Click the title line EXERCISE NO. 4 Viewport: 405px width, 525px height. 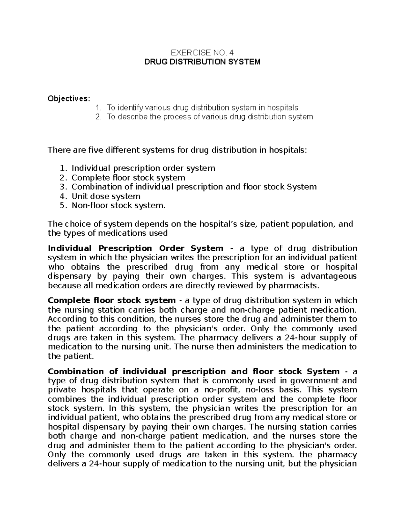[202, 53]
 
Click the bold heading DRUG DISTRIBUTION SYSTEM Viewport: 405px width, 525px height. [202, 62]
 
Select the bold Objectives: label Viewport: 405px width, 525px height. [69, 98]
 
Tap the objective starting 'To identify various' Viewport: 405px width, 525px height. [202, 108]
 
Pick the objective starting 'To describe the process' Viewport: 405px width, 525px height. [210, 117]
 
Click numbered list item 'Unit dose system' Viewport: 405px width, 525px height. [106, 196]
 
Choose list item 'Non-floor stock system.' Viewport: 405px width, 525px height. [118, 206]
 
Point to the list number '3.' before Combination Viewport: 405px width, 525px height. [63, 187]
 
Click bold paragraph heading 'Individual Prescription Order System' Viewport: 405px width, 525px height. [135, 248]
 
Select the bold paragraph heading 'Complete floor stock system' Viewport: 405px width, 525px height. [112, 301]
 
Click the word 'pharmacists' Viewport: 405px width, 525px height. [293, 286]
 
